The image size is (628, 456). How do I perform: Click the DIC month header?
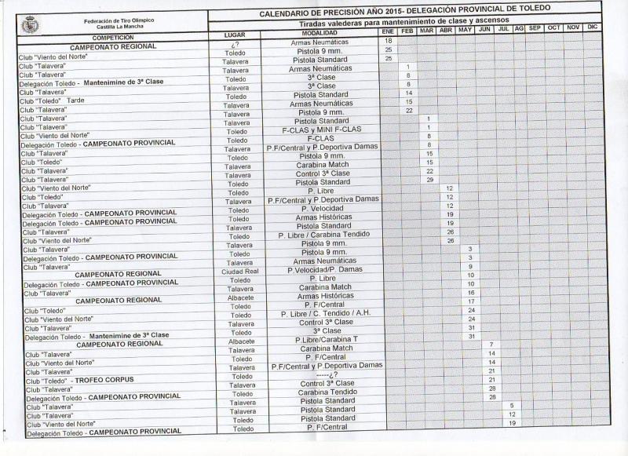593,28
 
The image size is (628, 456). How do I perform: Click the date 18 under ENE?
389,41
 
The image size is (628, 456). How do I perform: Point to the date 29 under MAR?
429,180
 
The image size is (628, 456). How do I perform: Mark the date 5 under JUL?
511,405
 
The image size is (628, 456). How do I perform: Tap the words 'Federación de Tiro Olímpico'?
118,20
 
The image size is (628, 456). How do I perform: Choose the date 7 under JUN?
491,345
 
